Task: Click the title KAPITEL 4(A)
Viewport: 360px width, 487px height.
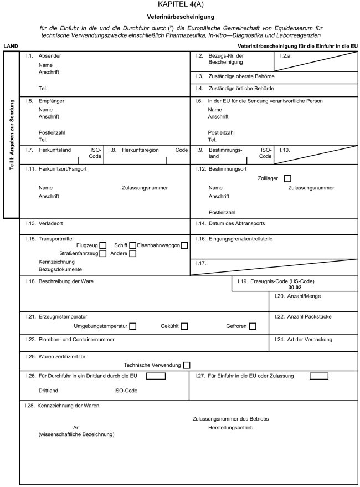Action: pos(181,5)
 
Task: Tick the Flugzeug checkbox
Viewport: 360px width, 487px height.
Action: pos(103,245)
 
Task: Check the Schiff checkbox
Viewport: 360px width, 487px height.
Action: pos(132,245)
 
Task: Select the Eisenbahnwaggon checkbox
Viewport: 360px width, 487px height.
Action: pos(184,245)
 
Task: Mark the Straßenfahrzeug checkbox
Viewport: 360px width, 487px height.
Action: pos(103,254)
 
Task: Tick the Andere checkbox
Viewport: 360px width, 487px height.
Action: pos(132,254)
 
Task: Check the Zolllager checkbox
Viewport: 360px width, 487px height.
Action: pos(287,178)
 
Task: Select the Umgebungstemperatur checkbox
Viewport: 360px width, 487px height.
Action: pos(132,326)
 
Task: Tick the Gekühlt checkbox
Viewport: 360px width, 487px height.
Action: pos(184,326)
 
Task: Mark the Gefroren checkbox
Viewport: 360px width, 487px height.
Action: pos(253,326)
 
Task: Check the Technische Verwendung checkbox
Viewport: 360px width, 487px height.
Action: pos(187,365)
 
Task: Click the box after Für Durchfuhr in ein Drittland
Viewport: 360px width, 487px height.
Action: pos(156,377)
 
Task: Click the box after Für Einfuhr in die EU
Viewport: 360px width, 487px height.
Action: pos(318,377)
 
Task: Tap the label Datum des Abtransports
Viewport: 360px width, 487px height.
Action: pos(236,223)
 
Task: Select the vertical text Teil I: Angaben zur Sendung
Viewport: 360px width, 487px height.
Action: pos(11,135)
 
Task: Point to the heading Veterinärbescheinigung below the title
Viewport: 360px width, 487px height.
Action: pos(181,17)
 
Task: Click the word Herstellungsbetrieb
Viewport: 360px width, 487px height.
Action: pos(231,428)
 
